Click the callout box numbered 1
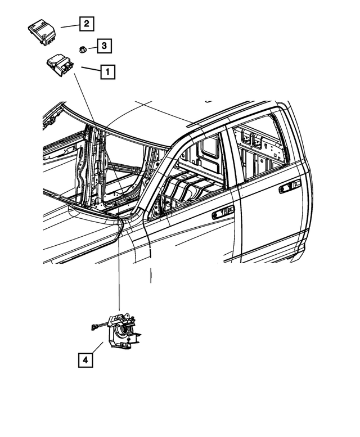point(107,72)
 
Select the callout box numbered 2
point(87,24)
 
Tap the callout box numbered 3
point(104,46)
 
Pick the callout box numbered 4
point(85,360)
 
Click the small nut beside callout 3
point(83,50)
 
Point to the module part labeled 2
point(42,32)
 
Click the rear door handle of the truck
point(290,186)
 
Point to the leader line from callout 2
point(70,26)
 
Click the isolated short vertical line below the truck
point(151,276)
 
